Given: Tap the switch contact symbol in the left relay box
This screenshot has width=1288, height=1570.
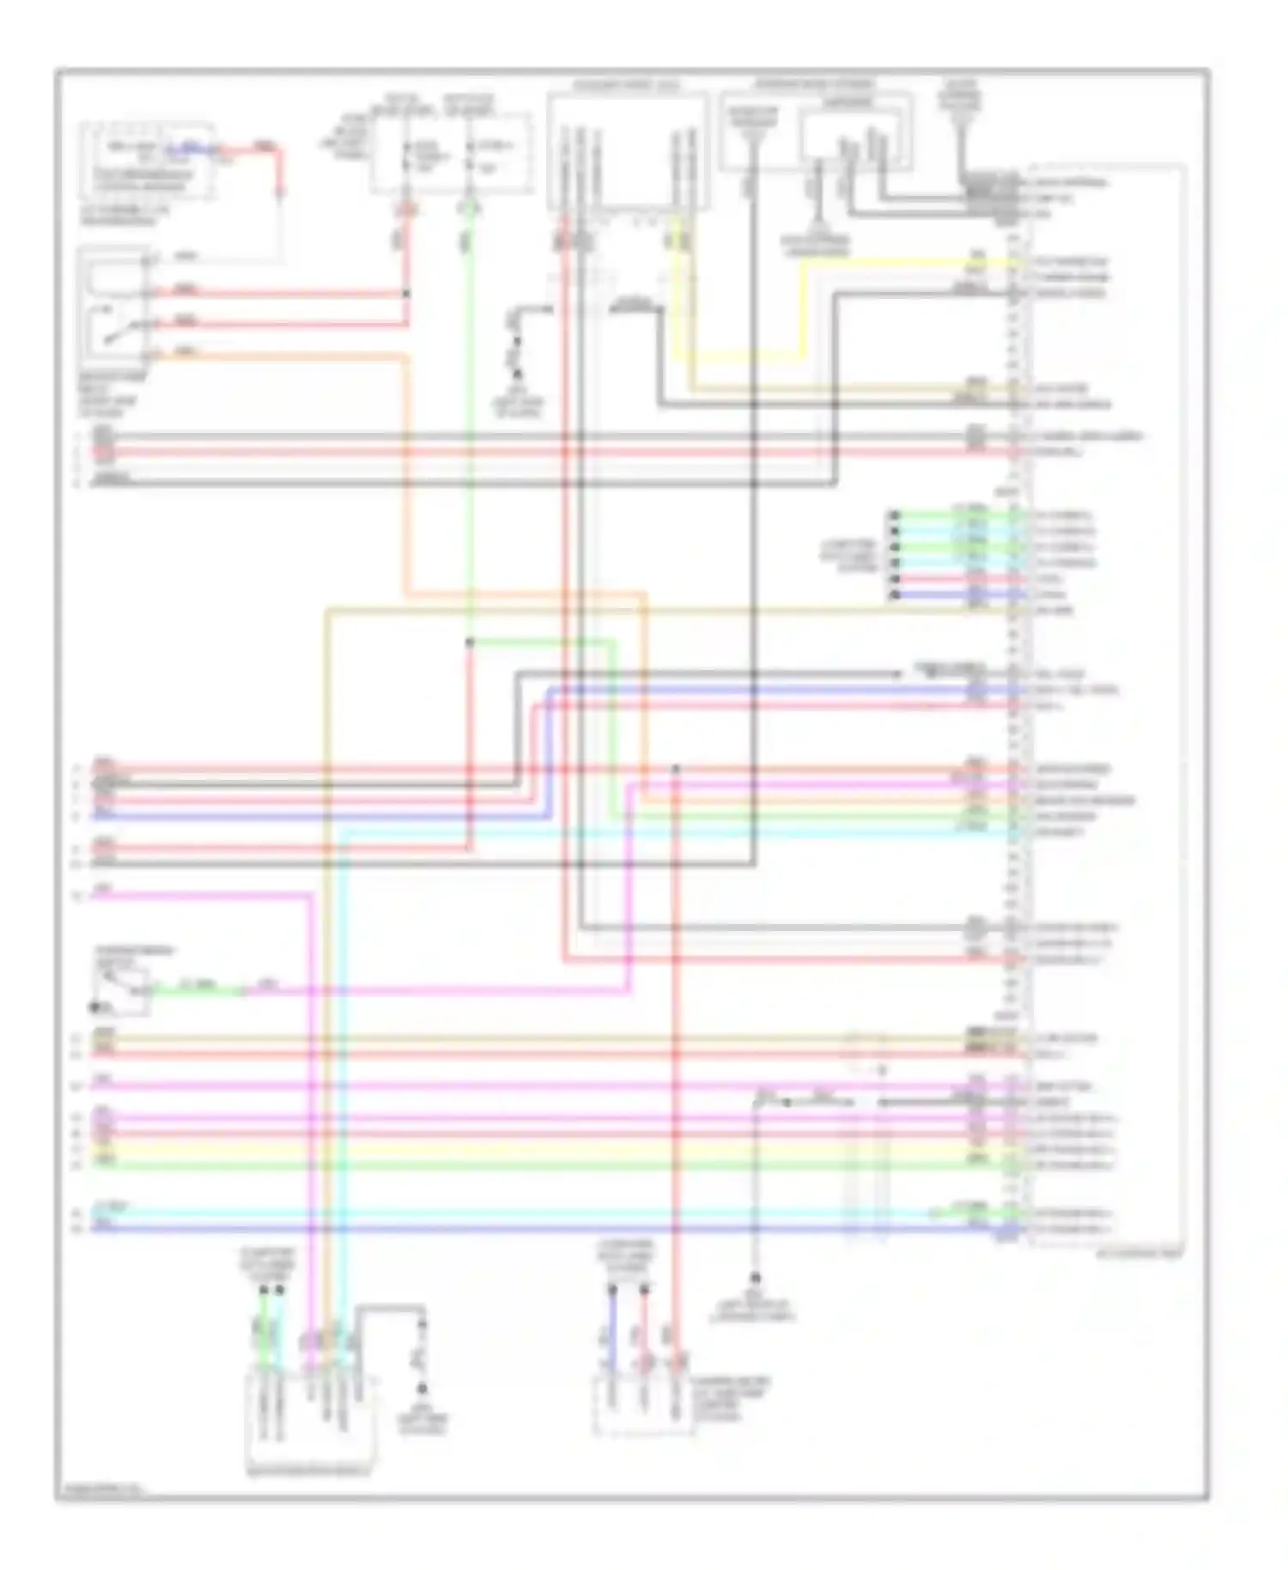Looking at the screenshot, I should [118, 331].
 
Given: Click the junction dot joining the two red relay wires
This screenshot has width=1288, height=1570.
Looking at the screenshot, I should [406, 294].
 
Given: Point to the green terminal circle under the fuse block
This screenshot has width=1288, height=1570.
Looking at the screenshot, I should [469, 208].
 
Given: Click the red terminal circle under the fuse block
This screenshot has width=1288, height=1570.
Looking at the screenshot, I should [406, 208].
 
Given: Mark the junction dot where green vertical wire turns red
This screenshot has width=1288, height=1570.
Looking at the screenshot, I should [470, 642].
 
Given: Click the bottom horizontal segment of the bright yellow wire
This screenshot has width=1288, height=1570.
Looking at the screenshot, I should [747, 356].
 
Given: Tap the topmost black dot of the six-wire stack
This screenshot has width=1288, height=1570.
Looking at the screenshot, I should [894, 516].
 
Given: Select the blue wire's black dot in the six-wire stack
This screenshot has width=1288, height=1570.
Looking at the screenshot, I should [894, 594].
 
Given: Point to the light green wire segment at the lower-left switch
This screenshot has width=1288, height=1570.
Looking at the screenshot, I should [197, 991].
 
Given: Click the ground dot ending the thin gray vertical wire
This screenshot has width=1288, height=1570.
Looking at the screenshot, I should [756, 1278].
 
